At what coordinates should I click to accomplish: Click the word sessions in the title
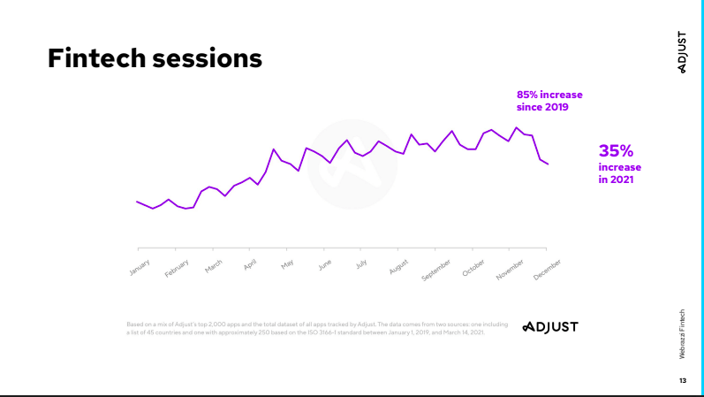pyautogui.click(x=208, y=58)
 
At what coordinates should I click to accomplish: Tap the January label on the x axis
pyautogui.click(x=140, y=266)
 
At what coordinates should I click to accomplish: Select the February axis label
pyautogui.click(x=177, y=268)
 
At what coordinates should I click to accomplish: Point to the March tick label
pyautogui.click(x=214, y=265)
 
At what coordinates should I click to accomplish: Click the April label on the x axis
pyautogui.click(x=250, y=263)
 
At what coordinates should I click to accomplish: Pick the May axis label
pyautogui.click(x=287, y=263)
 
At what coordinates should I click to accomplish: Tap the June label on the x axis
pyautogui.click(x=324, y=263)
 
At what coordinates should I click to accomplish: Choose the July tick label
pyautogui.click(x=361, y=263)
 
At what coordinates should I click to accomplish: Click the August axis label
pyautogui.click(x=398, y=266)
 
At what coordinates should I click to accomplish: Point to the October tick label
pyautogui.click(x=473, y=267)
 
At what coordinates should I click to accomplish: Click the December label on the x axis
pyautogui.click(x=547, y=270)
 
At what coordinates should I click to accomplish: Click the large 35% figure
pyautogui.click(x=617, y=151)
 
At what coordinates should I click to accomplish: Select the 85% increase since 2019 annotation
pyautogui.click(x=549, y=101)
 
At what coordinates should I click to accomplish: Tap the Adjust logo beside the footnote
pyautogui.click(x=549, y=327)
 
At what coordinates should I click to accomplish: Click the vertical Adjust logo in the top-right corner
pyautogui.click(x=682, y=52)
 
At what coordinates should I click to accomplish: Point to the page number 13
pyautogui.click(x=682, y=380)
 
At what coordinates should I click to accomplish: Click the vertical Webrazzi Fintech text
pyautogui.click(x=682, y=334)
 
